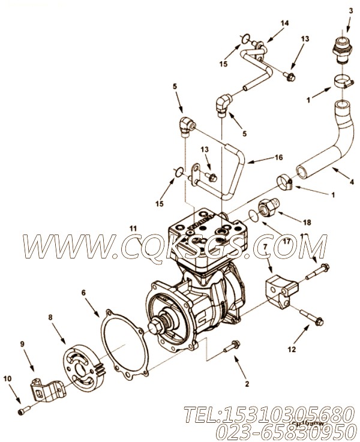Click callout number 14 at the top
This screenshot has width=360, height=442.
268,23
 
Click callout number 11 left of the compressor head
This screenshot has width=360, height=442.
133,228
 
